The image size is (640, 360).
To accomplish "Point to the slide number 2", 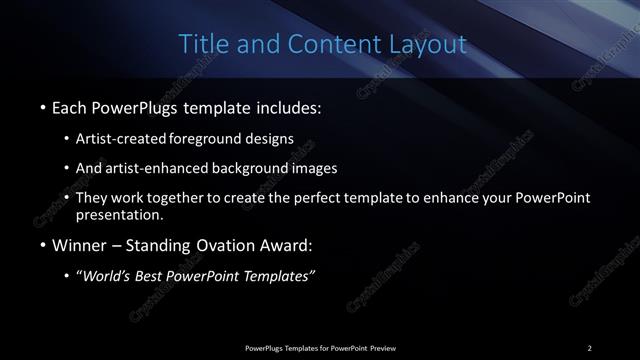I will (589, 347).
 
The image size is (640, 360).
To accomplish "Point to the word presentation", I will (119, 214).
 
